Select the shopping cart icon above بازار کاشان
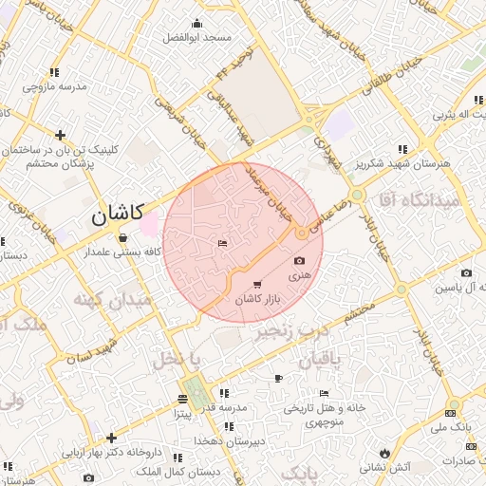pyautogui.click(x=257, y=285)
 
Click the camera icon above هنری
pyautogui.click(x=300, y=260)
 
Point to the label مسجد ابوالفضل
pyautogui.click(x=196, y=36)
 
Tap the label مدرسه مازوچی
pyautogui.click(x=54, y=86)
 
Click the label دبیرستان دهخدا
pyautogui.click(x=226, y=440)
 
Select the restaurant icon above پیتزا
pyautogui.click(x=183, y=400)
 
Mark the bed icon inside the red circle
pyautogui.click(x=222, y=245)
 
